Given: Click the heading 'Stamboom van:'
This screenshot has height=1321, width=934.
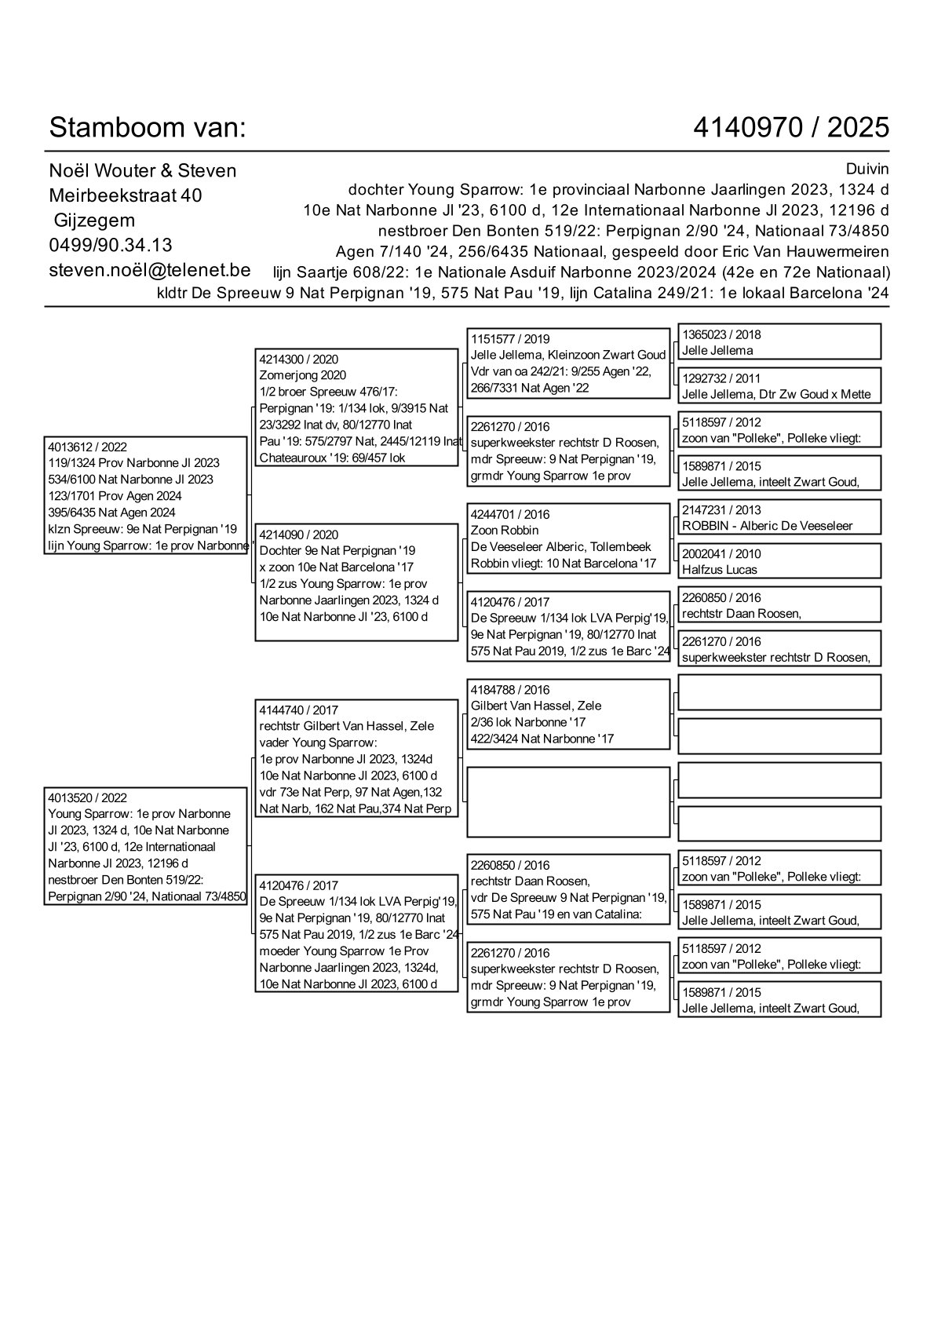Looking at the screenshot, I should pyautogui.click(x=148, y=127).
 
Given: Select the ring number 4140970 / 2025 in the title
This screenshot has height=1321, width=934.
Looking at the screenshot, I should pyautogui.click(x=791, y=127).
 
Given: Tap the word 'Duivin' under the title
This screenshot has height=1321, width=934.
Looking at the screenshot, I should pyautogui.click(x=867, y=169).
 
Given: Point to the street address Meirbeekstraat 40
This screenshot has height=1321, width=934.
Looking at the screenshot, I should pyautogui.click(x=126, y=195).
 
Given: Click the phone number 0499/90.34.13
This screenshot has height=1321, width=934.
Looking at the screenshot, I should pyautogui.click(x=111, y=245).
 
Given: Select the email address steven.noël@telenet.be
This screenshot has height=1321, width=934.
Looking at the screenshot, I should pyautogui.click(x=150, y=270).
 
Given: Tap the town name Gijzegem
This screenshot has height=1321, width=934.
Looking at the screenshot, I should pyautogui.click(x=94, y=221).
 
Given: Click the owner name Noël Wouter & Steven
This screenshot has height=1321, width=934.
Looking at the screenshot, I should pyautogui.click(x=143, y=170).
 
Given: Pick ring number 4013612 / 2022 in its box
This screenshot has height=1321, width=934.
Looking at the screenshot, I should pyautogui.click(x=87, y=447).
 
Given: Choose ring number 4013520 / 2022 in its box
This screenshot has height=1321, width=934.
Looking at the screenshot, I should pyautogui.click(x=87, y=797).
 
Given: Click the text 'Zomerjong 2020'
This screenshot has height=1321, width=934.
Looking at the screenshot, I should pyautogui.click(x=302, y=375).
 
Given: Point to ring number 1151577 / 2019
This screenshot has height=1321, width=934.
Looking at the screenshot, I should pyautogui.click(x=510, y=339).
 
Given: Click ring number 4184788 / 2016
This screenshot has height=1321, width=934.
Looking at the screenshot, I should pyautogui.click(x=510, y=690).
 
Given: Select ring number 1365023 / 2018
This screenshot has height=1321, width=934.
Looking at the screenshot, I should pyautogui.click(x=721, y=334).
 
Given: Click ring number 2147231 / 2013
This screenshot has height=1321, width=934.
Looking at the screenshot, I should pyautogui.click(x=721, y=509).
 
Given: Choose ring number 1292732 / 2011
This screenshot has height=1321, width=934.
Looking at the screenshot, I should pyautogui.click(x=721, y=378).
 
